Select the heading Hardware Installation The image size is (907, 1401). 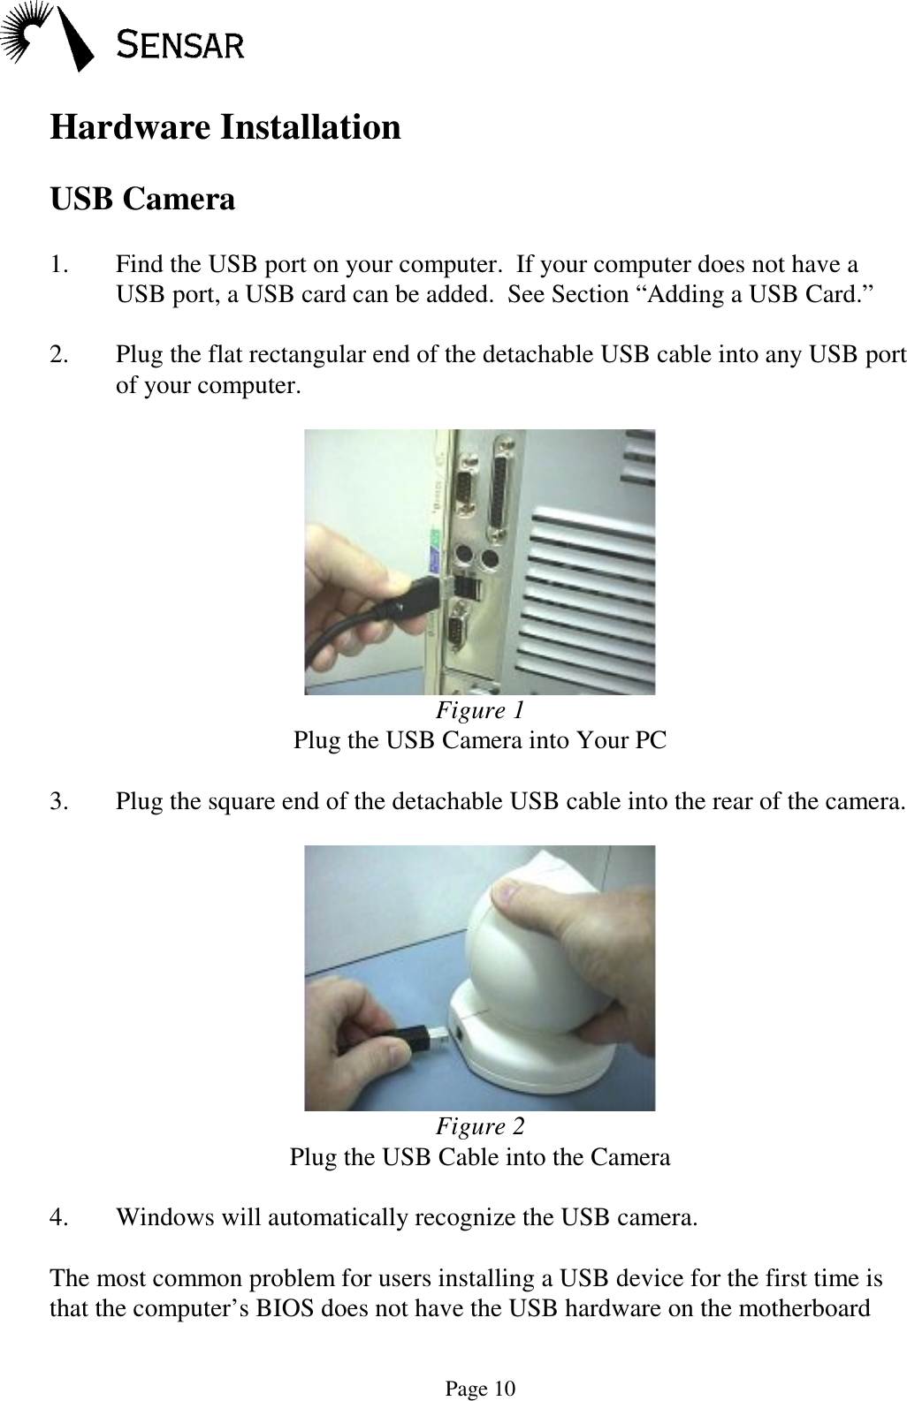coord(225,127)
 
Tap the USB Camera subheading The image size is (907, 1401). coord(142,200)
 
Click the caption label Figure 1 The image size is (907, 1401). coord(480,710)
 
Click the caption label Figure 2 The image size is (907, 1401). coord(480,1127)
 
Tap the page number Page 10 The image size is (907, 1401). coord(480,1390)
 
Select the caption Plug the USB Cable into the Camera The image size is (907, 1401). coord(480,1157)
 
